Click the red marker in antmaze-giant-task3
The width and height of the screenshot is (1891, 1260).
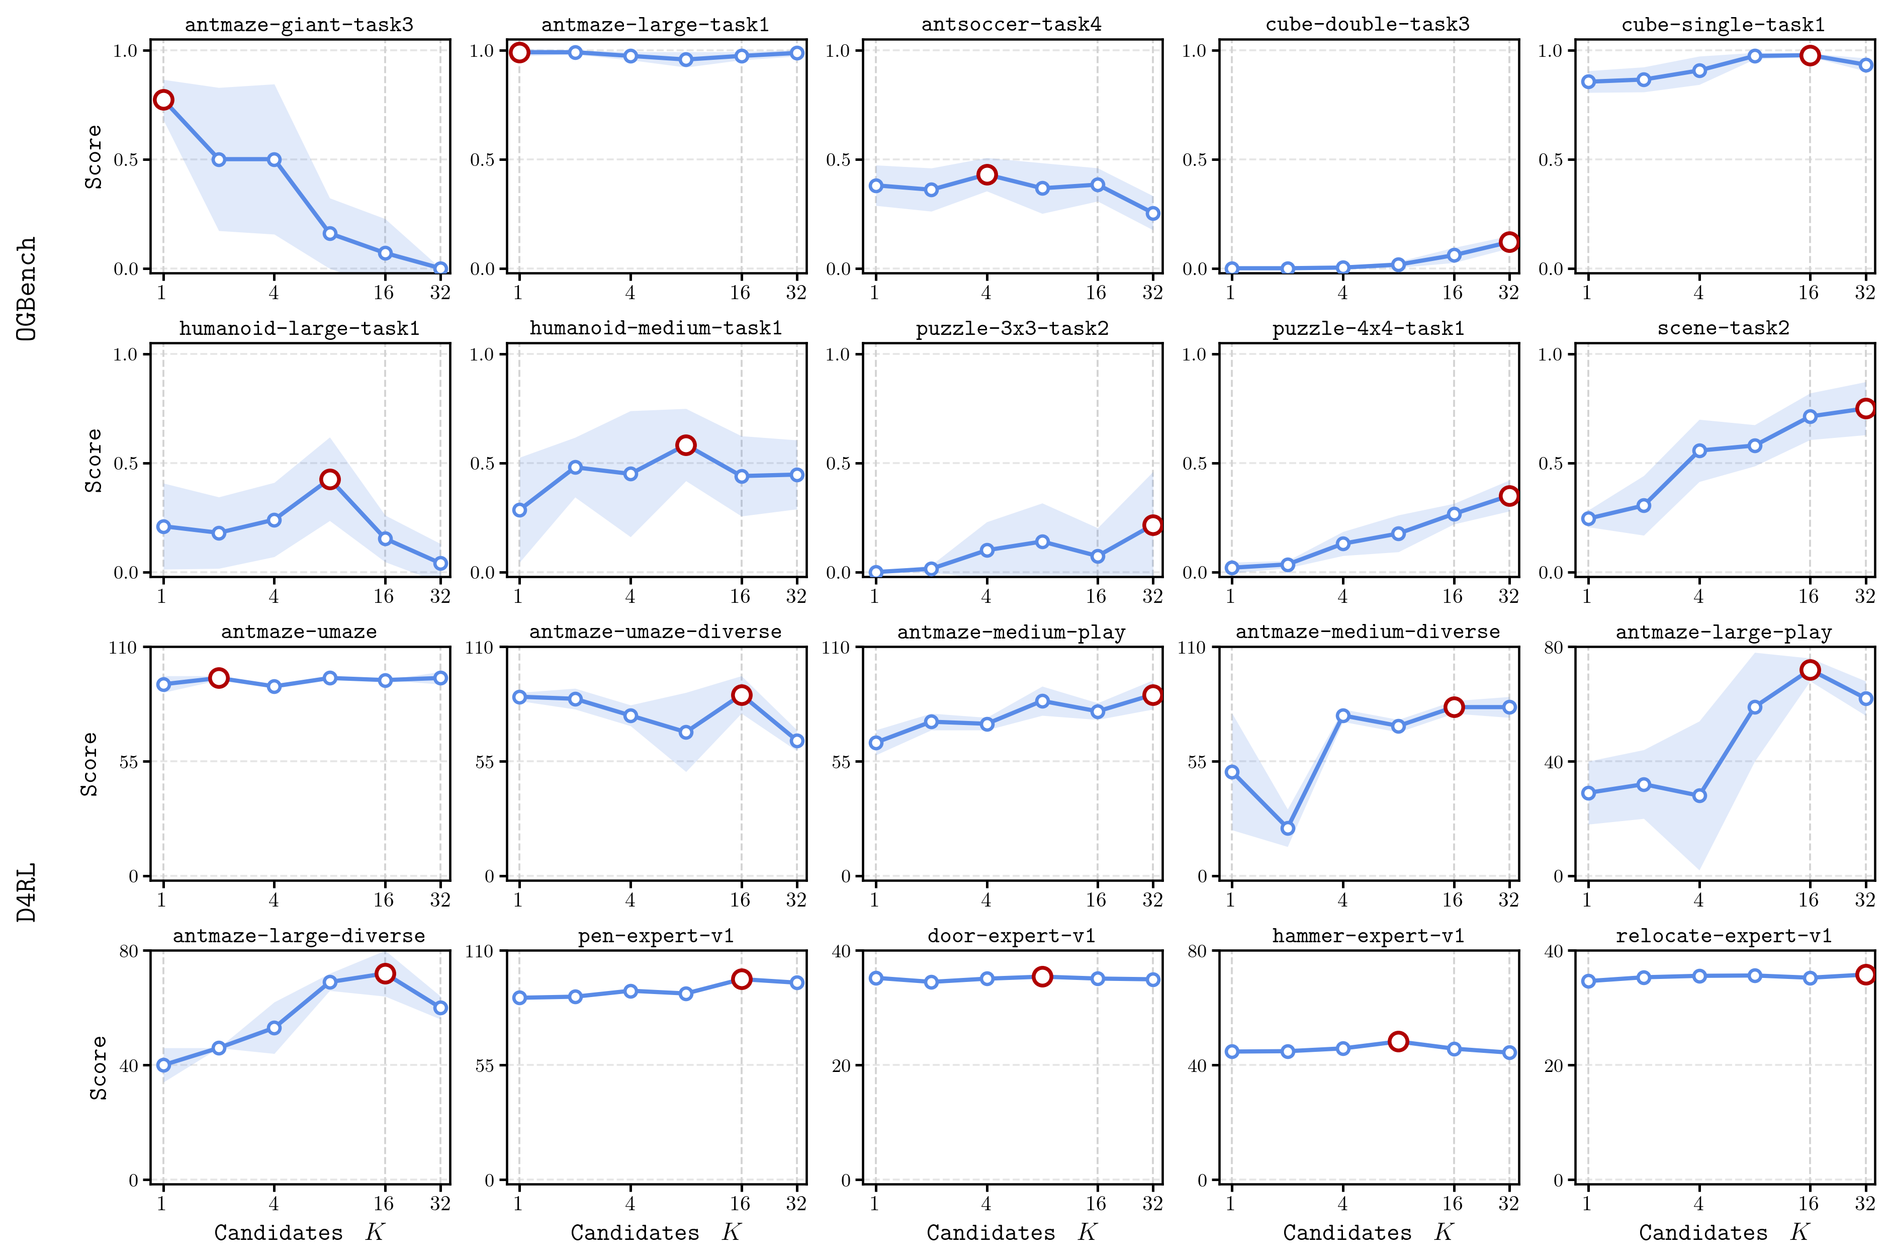point(163,100)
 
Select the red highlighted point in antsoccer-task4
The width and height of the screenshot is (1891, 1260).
point(986,174)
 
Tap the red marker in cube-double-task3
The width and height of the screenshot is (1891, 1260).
point(1508,242)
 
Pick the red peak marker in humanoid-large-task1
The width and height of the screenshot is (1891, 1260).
point(329,479)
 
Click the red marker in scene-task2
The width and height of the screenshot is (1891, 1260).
point(1865,408)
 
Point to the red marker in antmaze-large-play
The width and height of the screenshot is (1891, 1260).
point(1809,669)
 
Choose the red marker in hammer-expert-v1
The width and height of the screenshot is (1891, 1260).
point(1398,1041)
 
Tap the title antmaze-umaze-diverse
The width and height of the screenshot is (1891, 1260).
point(655,632)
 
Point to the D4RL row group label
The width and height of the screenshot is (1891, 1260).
point(27,892)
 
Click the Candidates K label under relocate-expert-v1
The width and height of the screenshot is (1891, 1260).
point(1723,1232)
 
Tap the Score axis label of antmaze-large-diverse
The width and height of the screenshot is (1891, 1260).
point(98,1067)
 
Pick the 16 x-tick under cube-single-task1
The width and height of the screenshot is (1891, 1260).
point(1808,293)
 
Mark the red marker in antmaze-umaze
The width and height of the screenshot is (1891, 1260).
point(219,678)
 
